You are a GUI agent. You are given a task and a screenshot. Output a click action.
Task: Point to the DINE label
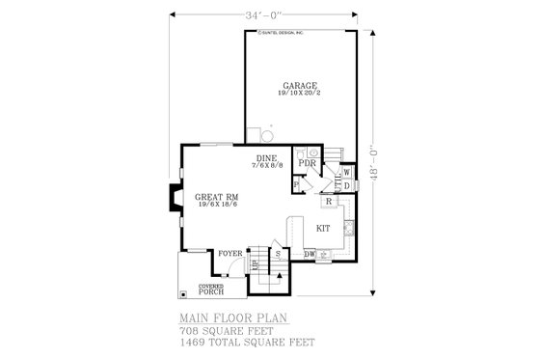266,157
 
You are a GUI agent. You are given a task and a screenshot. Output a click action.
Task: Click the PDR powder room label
308,164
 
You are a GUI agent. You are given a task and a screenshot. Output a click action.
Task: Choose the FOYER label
229,254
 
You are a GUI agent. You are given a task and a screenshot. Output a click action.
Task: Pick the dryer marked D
347,187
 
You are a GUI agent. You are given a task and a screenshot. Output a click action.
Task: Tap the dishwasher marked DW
310,254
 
